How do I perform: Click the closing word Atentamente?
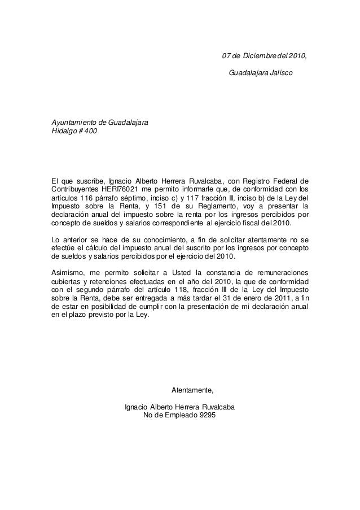point(192,390)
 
